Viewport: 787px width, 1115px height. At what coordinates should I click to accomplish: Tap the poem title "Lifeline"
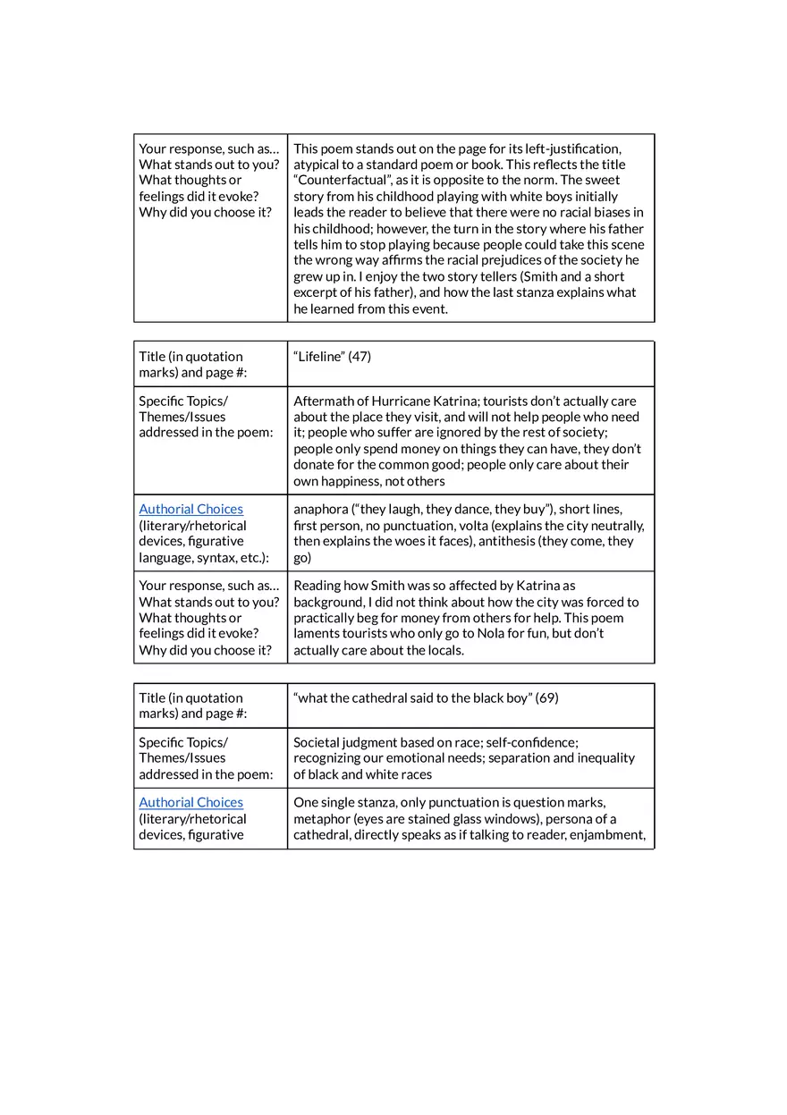click(x=318, y=357)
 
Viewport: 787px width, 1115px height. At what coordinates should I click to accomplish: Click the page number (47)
click(x=360, y=357)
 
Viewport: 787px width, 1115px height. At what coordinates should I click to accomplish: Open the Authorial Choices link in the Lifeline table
click(x=190, y=509)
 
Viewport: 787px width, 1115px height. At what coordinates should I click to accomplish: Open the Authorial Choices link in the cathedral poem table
click(x=190, y=802)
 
